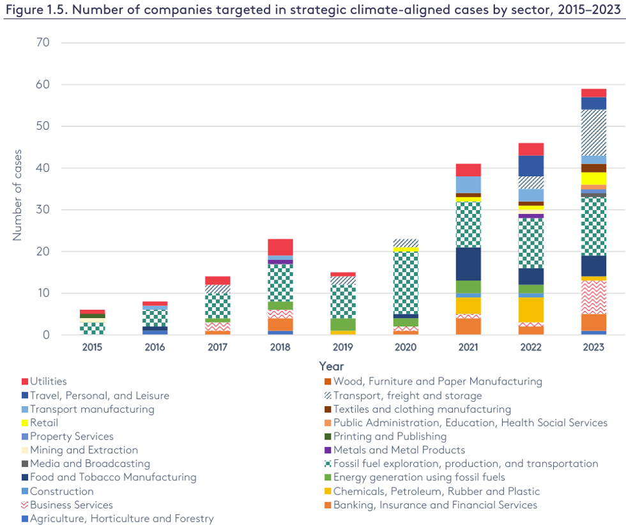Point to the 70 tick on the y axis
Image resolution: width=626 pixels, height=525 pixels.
pos(42,43)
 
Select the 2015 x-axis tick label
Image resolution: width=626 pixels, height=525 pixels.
pos(92,347)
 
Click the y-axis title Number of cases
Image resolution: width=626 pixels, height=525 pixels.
pos(17,189)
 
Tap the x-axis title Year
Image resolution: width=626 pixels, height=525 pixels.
pos(332,367)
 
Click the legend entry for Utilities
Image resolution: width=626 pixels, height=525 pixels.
pos(49,381)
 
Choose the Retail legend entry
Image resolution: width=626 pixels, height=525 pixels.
pos(44,423)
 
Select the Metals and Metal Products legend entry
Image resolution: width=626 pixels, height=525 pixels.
pos(399,450)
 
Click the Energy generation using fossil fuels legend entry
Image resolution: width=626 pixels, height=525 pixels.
pos(418,478)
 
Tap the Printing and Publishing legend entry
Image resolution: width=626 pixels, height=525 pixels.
pos(389,436)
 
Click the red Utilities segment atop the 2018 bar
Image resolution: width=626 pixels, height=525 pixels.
pos(280,247)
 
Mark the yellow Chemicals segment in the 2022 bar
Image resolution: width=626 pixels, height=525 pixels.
pos(531,310)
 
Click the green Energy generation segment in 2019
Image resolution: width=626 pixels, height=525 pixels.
pos(343,324)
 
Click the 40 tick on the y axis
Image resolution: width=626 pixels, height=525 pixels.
pos(42,168)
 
